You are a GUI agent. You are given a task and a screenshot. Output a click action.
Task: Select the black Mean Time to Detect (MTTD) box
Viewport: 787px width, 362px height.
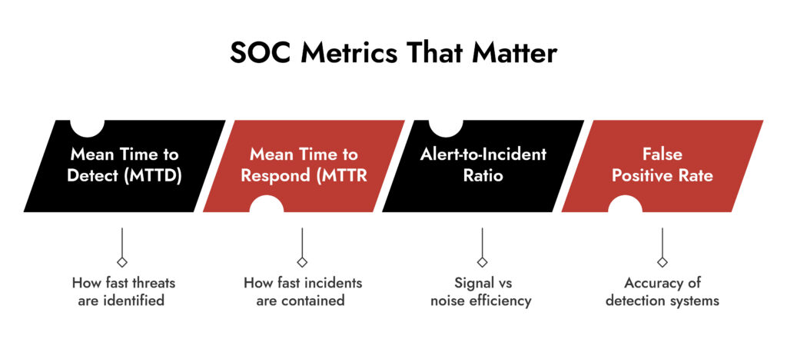click(x=125, y=166)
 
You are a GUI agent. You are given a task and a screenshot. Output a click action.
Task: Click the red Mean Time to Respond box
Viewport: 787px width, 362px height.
click(x=304, y=166)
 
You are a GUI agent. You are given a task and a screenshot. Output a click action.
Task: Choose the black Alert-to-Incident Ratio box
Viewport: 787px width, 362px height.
click(x=483, y=166)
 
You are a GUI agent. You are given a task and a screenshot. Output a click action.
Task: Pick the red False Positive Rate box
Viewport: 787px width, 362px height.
click(x=662, y=166)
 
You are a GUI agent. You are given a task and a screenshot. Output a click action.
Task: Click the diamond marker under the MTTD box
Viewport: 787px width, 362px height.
click(x=122, y=262)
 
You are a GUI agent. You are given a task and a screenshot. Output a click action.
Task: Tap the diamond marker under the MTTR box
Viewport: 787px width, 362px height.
click(x=302, y=262)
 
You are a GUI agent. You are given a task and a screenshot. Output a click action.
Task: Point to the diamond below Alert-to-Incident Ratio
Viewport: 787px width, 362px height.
click(x=483, y=262)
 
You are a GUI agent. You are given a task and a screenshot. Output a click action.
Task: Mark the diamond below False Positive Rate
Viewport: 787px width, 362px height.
click(x=662, y=262)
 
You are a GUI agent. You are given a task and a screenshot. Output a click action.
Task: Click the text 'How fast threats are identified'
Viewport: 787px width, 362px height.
click(x=124, y=292)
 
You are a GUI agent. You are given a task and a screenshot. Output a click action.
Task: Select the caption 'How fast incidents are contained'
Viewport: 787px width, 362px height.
click(x=303, y=292)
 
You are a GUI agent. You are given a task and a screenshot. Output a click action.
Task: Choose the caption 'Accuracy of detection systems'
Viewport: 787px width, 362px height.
click(x=662, y=292)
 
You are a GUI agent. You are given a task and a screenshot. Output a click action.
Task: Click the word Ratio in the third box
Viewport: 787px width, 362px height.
click(x=483, y=176)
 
